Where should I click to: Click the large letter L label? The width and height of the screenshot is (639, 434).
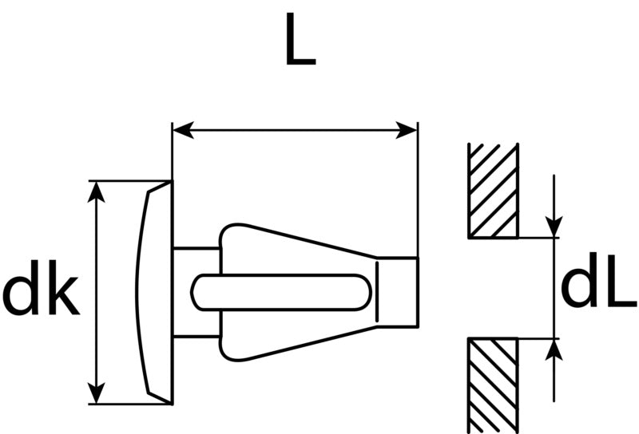click(300, 39)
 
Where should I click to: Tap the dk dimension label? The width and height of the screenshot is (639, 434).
click(41, 287)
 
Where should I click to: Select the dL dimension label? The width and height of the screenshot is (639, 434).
click(598, 280)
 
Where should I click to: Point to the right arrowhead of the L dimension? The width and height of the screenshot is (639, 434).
click(407, 130)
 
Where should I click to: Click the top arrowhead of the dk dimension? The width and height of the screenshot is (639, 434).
click(96, 191)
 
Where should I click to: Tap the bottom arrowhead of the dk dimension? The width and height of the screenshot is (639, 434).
click(96, 393)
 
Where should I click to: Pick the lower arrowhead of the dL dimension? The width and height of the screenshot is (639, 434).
click(554, 349)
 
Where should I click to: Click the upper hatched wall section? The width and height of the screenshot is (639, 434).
click(494, 191)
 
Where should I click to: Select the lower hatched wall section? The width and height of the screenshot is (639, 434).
click(494, 385)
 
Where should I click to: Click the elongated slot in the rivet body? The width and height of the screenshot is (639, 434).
click(281, 292)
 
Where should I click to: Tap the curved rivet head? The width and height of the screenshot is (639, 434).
click(154, 292)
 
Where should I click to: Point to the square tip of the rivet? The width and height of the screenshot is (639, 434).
click(397, 292)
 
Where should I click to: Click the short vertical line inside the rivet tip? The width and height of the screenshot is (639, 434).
click(377, 292)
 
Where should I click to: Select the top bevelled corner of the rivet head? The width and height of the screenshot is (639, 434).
click(160, 187)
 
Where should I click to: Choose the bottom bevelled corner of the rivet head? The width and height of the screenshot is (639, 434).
click(160, 398)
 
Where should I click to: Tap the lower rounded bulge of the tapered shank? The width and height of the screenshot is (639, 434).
click(232, 349)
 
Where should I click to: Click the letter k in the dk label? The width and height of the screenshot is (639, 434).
click(65, 287)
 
